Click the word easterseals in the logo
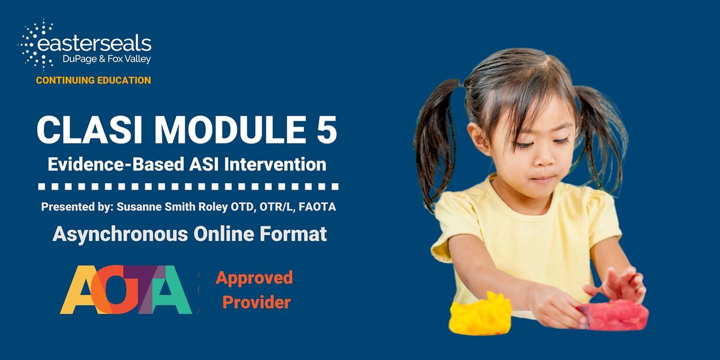point(95,44)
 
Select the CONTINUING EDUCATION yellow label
point(93,80)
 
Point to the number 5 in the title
point(325,130)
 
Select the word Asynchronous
point(119,233)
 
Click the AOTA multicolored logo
point(126,290)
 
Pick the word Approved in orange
point(254,278)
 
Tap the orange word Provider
point(256,302)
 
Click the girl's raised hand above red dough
point(621,284)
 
